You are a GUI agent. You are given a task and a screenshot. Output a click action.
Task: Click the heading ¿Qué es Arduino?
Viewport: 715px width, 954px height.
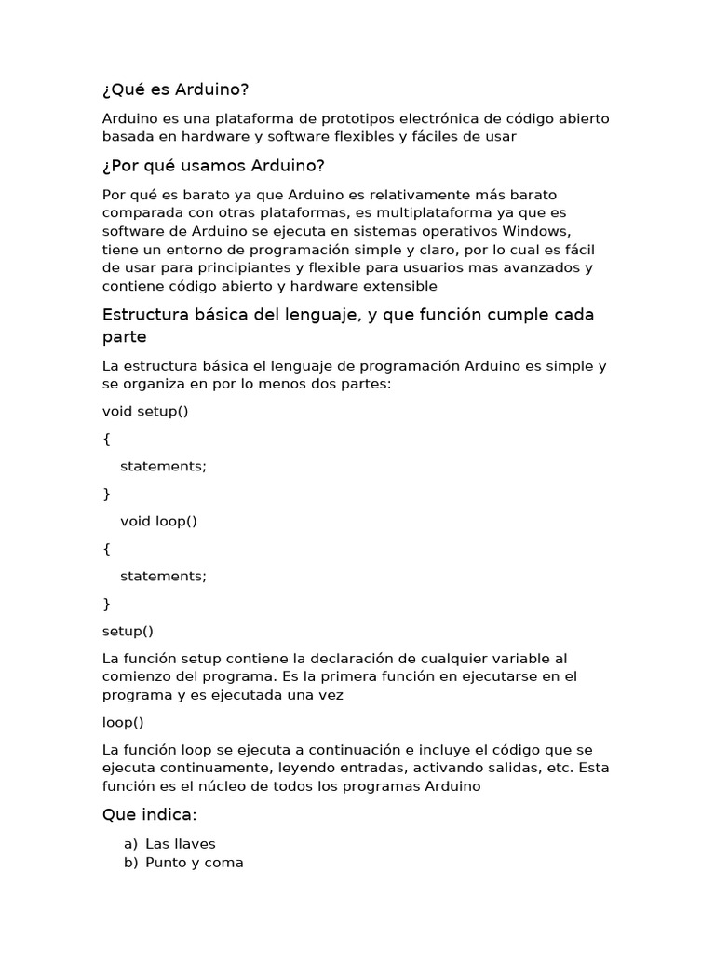pos(175,89)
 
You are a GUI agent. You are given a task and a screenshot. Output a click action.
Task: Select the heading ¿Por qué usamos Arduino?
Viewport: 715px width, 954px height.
pos(213,166)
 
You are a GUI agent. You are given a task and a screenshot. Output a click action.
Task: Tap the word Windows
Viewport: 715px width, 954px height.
pos(534,231)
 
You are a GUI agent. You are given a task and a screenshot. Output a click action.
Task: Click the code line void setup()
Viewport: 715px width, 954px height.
pos(145,411)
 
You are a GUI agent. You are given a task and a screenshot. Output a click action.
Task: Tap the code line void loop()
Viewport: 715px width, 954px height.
pos(158,521)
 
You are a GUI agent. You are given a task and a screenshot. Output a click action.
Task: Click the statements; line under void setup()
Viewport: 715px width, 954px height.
pos(163,466)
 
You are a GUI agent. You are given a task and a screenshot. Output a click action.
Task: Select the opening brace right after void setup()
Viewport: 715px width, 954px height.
pos(106,439)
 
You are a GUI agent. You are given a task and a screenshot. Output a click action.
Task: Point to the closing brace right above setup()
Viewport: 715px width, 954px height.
pos(106,604)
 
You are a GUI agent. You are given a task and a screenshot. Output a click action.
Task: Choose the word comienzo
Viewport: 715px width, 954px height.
pos(139,676)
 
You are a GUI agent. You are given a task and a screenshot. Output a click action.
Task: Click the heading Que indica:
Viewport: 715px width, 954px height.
pos(149,815)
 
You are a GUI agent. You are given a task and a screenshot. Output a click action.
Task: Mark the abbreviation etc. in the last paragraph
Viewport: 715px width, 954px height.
pos(559,769)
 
